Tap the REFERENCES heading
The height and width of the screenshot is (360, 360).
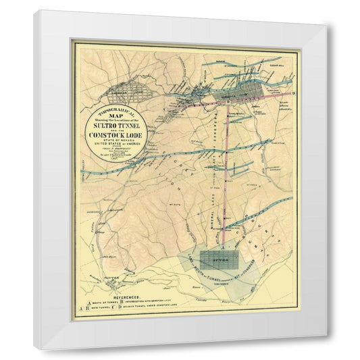pyautogui.click(x=128, y=296)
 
